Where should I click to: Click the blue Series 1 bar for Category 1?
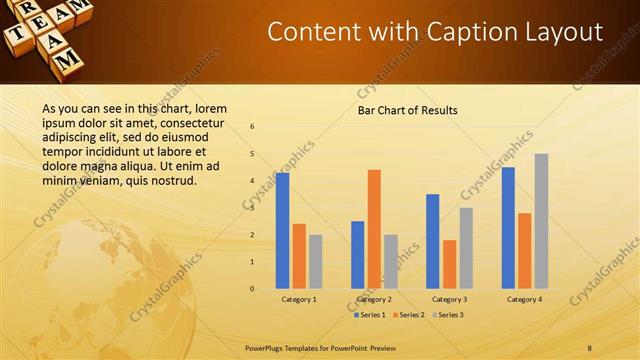pyautogui.click(x=282, y=231)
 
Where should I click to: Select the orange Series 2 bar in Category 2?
pyautogui.click(x=374, y=229)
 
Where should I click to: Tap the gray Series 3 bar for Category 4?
pyautogui.click(x=541, y=221)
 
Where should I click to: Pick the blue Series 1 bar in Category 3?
pyautogui.click(x=432, y=241)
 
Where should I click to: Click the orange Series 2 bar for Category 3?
pyautogui.click(x=449, y=264)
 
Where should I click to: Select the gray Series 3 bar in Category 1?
pyautogui.click(x=316, y=262)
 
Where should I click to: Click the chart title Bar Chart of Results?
pyautogui.click(x=407, y=110)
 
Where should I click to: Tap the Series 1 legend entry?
pyautogui.click(x=370, y=315)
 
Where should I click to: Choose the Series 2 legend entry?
pyautogui.click(x=408, y=315)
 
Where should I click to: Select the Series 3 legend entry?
pyautogui.click(x=447, y=315)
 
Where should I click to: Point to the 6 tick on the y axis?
pyautogui.click(x=252, y=127)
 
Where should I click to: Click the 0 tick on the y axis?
pyautogui.click(x=252, y=289)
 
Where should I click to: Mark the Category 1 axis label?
pyautogui.click(x=299, y=299)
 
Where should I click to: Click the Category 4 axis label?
pyautogui.click(x=524, y=299)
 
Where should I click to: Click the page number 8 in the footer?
pyautogui.click(x=590, y=347)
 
